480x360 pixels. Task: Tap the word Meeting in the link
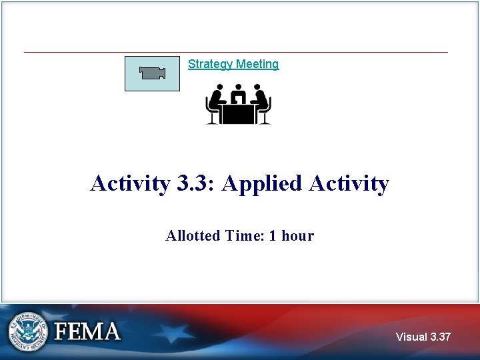point(257,64)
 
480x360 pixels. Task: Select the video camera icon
point(152,73)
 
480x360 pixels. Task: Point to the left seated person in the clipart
point(216,103)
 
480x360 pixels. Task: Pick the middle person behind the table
point(238,93)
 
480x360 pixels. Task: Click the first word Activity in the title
point(131,183)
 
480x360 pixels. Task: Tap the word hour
point(297,235)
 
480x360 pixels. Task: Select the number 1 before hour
point(273,235)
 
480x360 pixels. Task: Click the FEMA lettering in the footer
point(87,331)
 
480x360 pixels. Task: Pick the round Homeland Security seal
point(28,331)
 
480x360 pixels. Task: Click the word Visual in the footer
point(411,337)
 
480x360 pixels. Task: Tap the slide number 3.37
point(441,337)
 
